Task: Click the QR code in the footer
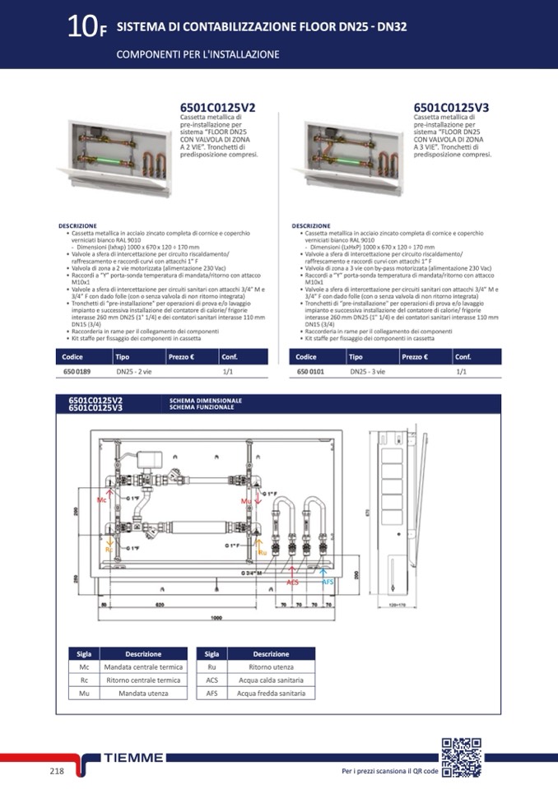(461, 758)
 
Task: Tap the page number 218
(57, 771)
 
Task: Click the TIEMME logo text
(135, 758)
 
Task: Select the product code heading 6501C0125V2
(217, 108)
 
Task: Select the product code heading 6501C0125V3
(451, 108)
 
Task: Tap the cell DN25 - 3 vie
(366, 372)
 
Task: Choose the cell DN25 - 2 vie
(134, 372)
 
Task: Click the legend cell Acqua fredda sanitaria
(271, 694)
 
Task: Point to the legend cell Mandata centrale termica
(142, 667)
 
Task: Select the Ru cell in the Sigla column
(212, 667)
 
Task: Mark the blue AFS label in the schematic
(327, 582)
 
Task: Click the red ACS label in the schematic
(293, 582)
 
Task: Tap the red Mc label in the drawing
(102, 499)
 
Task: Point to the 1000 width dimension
(217, 617)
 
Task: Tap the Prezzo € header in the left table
(182, 356)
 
